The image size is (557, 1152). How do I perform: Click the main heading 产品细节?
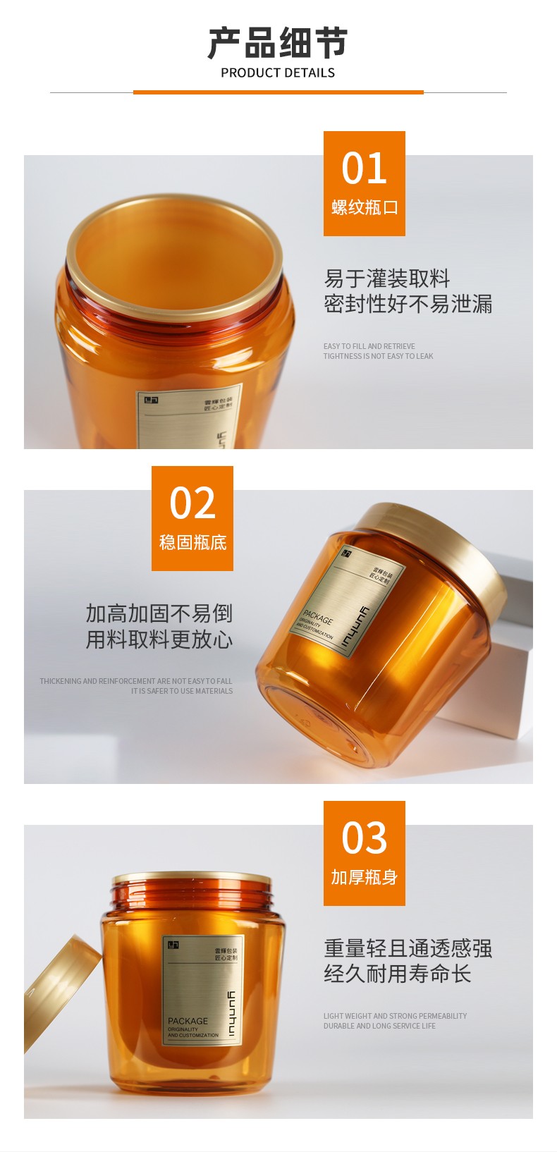click(278, 43)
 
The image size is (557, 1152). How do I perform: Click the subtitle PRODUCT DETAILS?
click(278, 73)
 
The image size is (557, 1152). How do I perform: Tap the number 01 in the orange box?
click(364, 168)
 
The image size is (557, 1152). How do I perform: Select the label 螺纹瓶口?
click(364, 207)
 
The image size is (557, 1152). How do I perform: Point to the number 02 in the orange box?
click(192, 503)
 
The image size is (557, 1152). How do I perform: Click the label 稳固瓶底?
click(192, 542)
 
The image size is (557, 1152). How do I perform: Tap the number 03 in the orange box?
click(364, 838)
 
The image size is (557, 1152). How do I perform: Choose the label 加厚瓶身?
click(364, 877)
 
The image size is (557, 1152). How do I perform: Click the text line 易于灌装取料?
click(386, 278)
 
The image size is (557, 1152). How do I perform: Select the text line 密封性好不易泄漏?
click(408, 304)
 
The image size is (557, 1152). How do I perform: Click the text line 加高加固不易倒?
click(159, 613)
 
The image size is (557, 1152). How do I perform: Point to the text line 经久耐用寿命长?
click(397, 974)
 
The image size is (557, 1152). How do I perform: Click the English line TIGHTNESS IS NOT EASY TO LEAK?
click(378, 356)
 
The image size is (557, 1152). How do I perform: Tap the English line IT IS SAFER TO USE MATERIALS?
click(181, 691)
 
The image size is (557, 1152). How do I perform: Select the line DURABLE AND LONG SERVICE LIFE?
click(379, 1026)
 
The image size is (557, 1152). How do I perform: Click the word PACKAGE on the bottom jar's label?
click(188, 1021)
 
